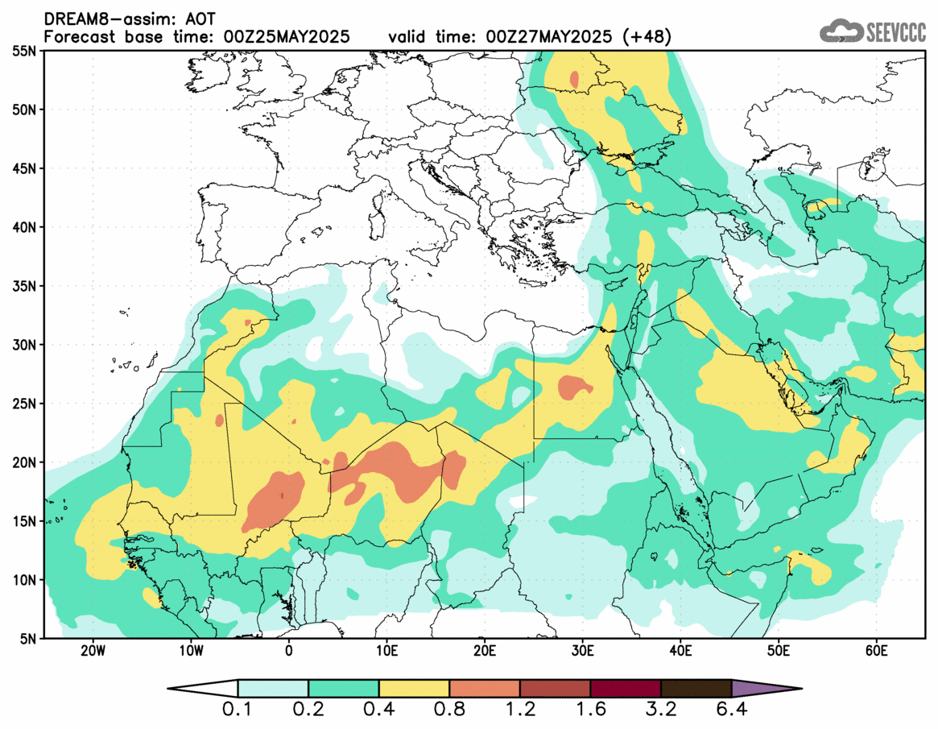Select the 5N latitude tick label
tap(26, 638)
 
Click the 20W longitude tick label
tap(93, 651)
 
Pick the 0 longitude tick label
tap(289, 651)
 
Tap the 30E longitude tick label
tap(582, 651)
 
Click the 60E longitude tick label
tap(876, 651)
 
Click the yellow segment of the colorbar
tap(414, 689)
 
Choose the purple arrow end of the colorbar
tap(765, 689)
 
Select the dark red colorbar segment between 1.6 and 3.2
tap(626, 689)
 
